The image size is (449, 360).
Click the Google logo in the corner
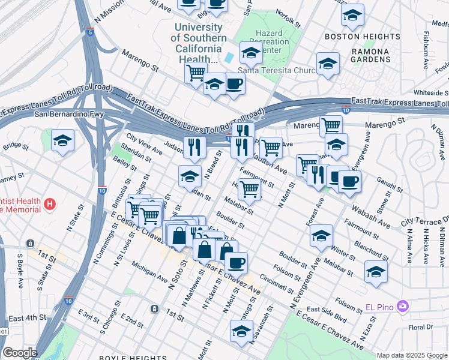(19, 353)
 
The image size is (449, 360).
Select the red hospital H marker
(50, 205)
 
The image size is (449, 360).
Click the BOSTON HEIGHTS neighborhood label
(354, 37)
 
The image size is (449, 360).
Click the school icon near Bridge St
(62, 140)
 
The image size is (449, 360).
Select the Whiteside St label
(431, 93)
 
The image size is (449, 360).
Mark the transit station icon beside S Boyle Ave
(29, 244)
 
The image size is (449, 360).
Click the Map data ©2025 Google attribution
(411, 355)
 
